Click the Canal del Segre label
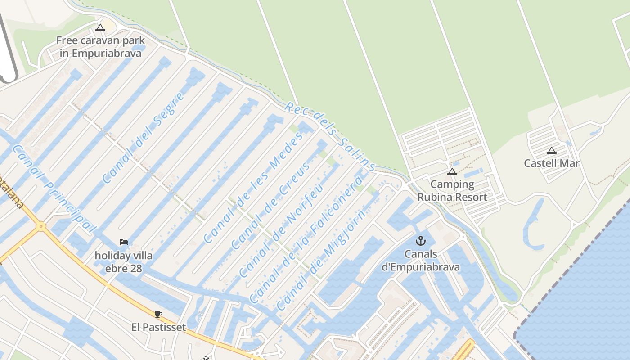coord(143,138)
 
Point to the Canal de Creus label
coord(271,206)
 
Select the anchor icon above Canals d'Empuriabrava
coord(421,241)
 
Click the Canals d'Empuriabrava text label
coord(421,261)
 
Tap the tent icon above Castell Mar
coord(551,150)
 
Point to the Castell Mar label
coord(551,163)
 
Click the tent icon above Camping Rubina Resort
coord(452,171)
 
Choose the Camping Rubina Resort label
coord(452,191)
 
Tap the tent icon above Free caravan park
coord(100,28)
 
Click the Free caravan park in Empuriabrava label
coord(100,47)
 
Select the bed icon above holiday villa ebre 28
coord(124,242)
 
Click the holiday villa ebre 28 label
coord(123,262)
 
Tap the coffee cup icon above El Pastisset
coord(158,314)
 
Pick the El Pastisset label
coord(158,327)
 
